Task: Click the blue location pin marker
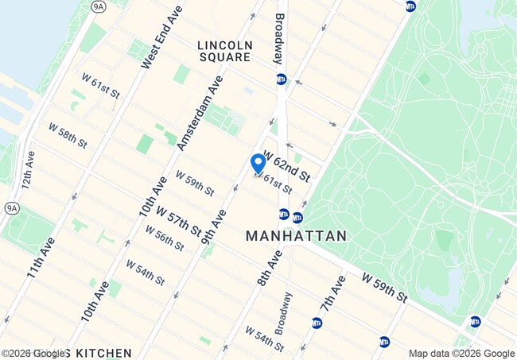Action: click(x=258, y=164)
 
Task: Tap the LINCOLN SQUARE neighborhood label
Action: click(x=224, y=51)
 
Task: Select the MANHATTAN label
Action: click(x=296, y=236)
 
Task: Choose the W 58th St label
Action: click(x=67, y=135)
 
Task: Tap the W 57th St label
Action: click(x=178, y=222)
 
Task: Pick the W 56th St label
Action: click(x=165, y=238)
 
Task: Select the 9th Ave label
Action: click(x=214, y=226)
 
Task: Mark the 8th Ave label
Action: click(x=270, y=268)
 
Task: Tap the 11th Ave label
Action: click(x=40, y=257)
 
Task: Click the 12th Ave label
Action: click(x=27, y=168)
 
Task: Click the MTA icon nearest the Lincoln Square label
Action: click(x=281, y=79)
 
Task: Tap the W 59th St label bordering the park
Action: click(x=384, y=288)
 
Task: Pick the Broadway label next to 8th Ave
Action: click(x=284, y=312)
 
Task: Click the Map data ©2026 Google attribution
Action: click(x=461, y=354)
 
